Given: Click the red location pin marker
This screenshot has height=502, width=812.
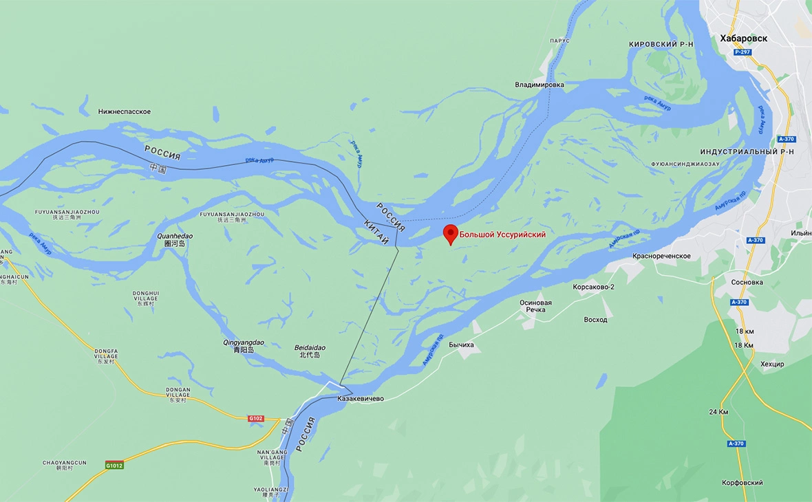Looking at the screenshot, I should (x=450, y=234).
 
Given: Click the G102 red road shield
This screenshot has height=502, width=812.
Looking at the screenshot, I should (x=256, y=418).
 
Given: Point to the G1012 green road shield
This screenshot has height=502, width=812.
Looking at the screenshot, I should (x=114, y=466).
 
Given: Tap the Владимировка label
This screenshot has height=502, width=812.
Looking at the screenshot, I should (x=539, y=85).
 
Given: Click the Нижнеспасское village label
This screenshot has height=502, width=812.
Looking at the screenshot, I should (x=125, y=111).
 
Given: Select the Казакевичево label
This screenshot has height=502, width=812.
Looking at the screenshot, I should (x=361, y=399).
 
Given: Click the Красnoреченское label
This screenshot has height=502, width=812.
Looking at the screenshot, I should (x=661, y=256).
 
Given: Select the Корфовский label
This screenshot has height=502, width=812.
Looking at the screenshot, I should (x=742, y=483).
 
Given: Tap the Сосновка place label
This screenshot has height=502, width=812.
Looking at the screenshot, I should (x=747, y=283).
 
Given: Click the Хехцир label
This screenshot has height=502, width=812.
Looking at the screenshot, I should (x=772, y=364).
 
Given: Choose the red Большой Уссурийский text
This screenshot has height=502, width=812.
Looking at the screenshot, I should (x=502, y=235).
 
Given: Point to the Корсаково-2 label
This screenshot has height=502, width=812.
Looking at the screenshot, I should (x=593, y=287).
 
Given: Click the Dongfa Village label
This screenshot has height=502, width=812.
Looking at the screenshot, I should (x=107, y=355).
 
